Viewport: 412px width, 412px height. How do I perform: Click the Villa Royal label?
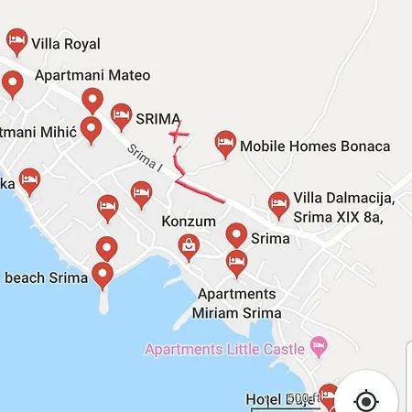pyautogui.click(x=66, y=43)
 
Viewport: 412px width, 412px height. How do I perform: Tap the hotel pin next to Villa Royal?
pyautogui.click(x=16, y=39)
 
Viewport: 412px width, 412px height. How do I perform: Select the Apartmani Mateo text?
pyautogui.click(x=92, y=76)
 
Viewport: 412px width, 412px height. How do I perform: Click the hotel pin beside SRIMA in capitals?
pyautogui.click(x=121, y=115)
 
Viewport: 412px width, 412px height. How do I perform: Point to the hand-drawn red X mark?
pyautogui.click(x=179, y=134)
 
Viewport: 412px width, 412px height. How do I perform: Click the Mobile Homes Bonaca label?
pyautogui.click(x=315, y=146)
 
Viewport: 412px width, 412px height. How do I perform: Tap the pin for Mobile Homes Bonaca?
pyautogui.click(x=224, y=143)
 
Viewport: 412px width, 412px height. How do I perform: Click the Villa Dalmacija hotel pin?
pyautogui.click(x=278, y=204)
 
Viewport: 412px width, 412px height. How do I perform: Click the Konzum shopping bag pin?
pyautogui.click(x=189, y=245)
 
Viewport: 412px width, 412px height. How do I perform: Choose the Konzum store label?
pyautogui.click(x=189, y=222)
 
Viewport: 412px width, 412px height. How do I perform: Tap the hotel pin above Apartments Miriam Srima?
pyautogui.click(x=236, y=263)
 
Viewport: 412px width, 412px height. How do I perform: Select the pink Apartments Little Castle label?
pyautogui.click(x=225, y=348)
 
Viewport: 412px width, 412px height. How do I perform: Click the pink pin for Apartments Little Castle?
pyautogui.click(x=319, y=347)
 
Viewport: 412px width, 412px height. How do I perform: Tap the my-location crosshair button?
pyautogui.click(x=365, y=401)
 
